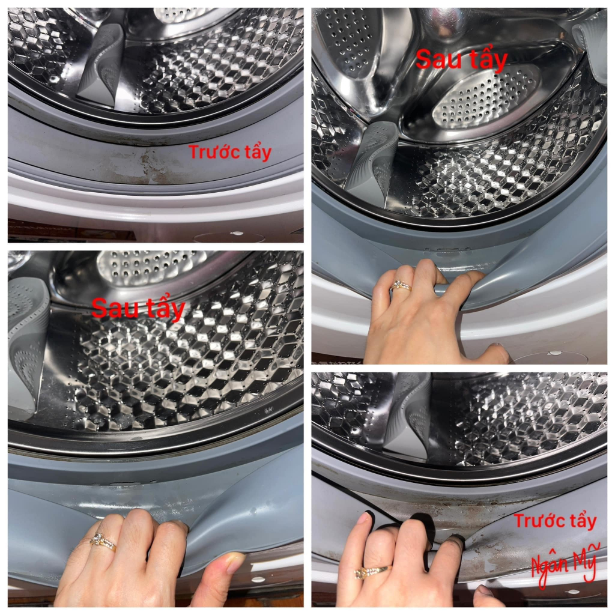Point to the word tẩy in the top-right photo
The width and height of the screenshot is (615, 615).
coord(488,59)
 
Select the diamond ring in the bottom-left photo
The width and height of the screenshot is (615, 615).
coord(103,542)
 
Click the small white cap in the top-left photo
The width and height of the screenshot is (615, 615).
coord(237,234)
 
